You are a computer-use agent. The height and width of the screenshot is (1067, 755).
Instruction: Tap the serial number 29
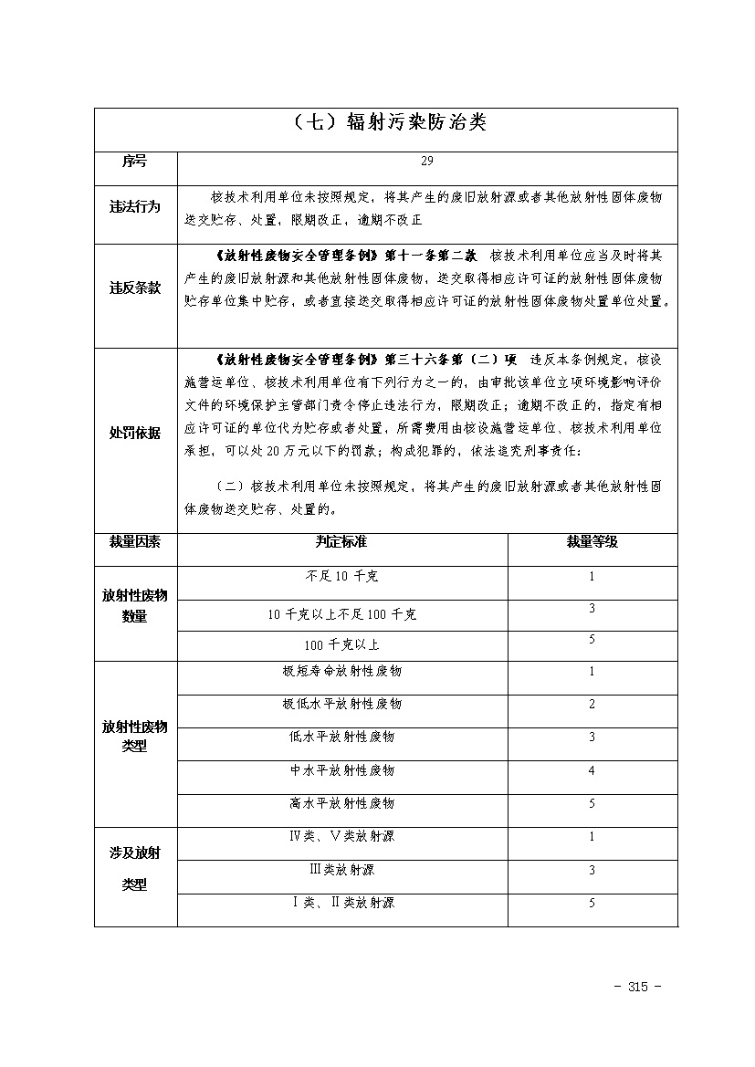427,162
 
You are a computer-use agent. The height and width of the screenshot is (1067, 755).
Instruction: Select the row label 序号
134,162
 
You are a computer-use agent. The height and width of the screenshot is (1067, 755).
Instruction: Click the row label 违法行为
134,207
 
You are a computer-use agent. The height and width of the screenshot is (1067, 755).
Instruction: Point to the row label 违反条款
134,288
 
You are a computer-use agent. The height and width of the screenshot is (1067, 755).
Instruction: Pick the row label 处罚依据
134,434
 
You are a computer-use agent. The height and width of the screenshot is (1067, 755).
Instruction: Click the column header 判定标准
341,542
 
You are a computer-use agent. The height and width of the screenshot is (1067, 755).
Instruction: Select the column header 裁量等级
592,542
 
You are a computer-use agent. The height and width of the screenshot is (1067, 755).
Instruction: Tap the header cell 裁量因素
134,542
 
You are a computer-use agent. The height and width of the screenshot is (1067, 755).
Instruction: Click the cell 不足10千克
341,577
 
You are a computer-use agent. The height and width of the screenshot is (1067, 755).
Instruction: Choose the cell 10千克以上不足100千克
341,615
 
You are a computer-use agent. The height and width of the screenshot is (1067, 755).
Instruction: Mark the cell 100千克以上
341,645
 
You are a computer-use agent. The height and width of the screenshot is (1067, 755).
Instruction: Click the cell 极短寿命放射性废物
341,672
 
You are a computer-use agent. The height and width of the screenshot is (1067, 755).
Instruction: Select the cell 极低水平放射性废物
341,705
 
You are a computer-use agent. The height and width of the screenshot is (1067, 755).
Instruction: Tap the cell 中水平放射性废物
341,771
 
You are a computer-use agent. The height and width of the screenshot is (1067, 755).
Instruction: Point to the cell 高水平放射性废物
341,804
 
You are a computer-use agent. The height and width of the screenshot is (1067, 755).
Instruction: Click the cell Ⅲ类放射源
341,870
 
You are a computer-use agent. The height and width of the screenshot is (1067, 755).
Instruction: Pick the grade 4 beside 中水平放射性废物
592,771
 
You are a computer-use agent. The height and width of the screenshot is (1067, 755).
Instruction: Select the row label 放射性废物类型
134,737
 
